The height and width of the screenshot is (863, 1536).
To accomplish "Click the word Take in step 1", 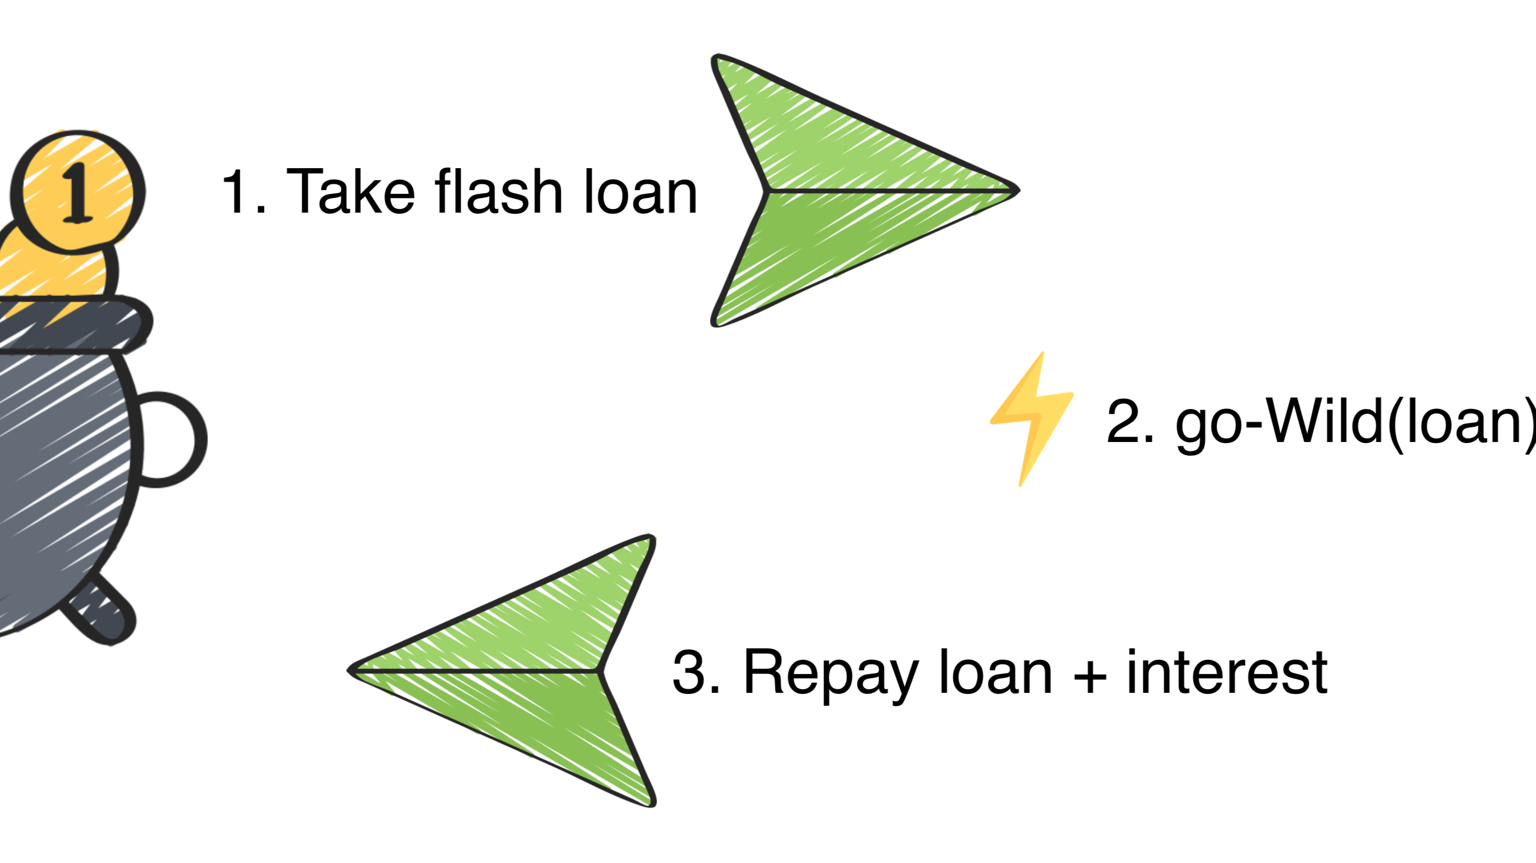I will point(351,192).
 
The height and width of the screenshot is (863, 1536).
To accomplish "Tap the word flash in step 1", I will point(499,192).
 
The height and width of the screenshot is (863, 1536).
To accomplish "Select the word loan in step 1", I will point(640,192).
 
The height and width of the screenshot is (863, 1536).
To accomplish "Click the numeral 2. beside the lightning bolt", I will point(1129,421).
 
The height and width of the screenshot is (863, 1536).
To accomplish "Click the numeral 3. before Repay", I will point(695,672).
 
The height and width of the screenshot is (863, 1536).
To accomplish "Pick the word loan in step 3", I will point(995,672).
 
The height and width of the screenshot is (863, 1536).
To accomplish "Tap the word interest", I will point(1227,672).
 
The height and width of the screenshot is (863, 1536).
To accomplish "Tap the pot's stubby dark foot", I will point(102,611).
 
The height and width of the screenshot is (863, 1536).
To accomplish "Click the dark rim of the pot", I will point(72,325).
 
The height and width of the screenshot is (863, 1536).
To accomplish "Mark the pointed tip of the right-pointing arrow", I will point(1016,190).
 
